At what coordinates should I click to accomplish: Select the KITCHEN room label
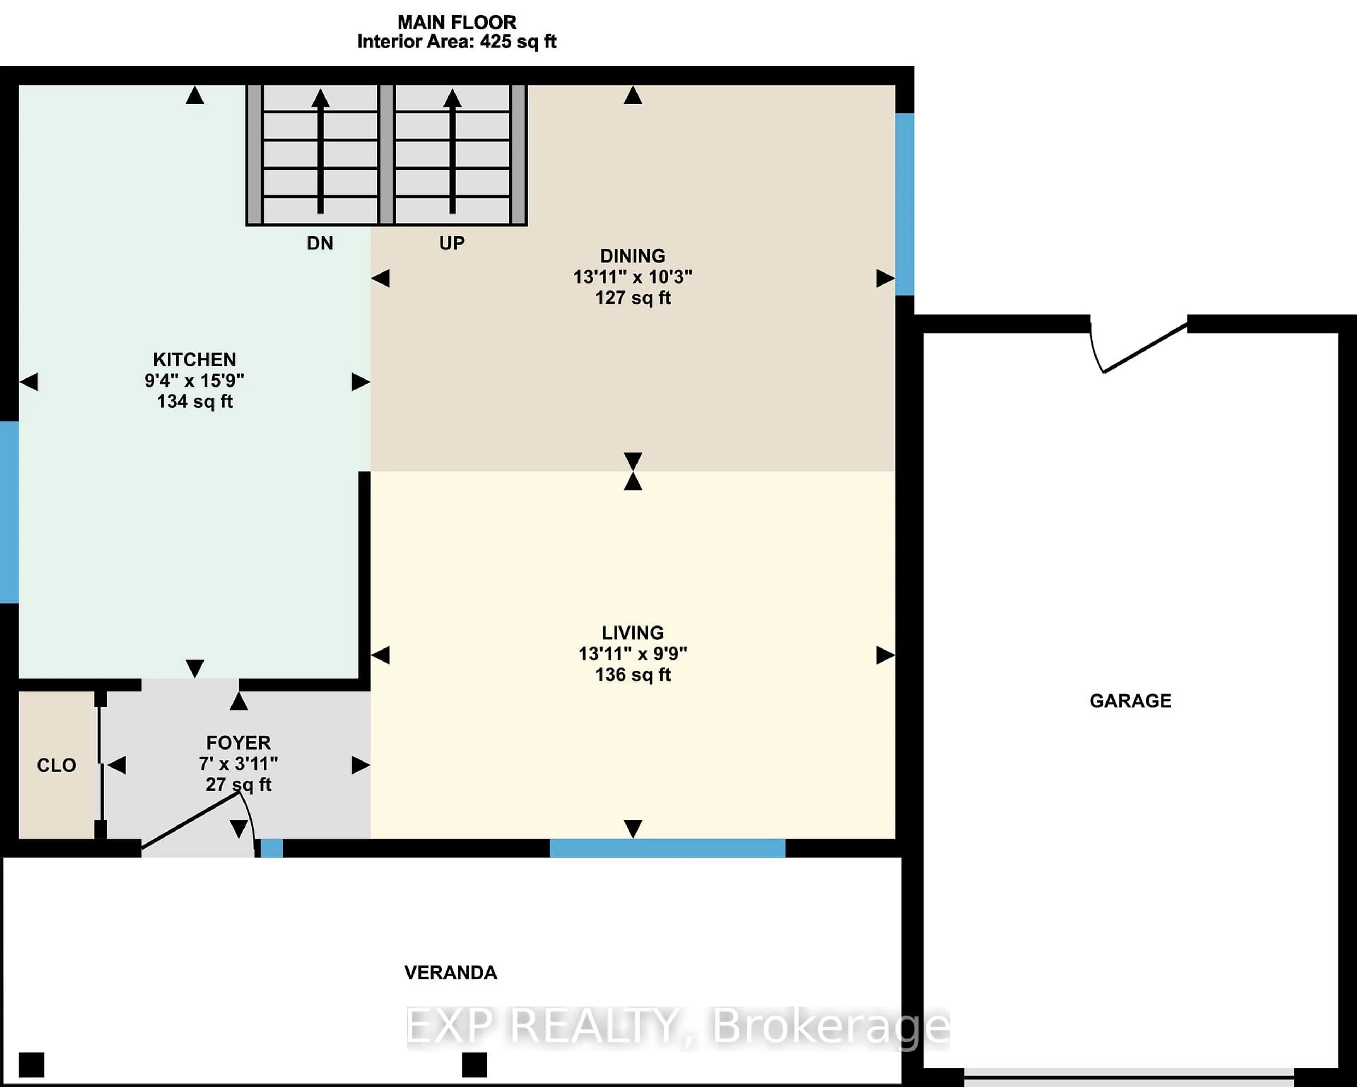click(194, 359)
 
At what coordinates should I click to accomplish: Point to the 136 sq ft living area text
click(633, 675)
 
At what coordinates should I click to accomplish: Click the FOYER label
click(239, 743)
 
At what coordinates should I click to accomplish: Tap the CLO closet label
click(56, 765)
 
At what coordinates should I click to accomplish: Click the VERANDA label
click(451, 973)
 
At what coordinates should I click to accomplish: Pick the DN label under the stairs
click(320, 243)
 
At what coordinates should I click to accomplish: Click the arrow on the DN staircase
click(321, 151)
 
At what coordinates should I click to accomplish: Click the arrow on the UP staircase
click(452, 151)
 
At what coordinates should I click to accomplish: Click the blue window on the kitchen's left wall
click(9, 512)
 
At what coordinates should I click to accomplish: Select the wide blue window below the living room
click(667, 848)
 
